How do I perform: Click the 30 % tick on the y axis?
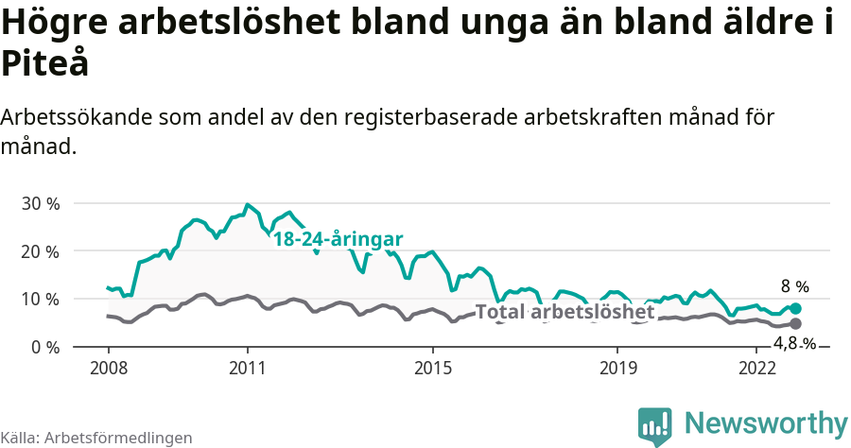(40, 203)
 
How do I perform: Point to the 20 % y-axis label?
(40, 251)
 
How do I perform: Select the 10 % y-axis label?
(40, 299)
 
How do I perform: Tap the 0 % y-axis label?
(44, 347)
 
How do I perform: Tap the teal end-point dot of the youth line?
(795, 308)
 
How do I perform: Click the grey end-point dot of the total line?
(795, 324)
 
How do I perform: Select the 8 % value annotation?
(794, 286)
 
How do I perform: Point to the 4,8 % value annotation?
(794, 344)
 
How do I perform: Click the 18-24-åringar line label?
(338, 239)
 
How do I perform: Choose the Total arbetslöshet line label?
(564, 312)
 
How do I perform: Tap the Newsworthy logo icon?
(654, 425)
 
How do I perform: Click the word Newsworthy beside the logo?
(766, 422)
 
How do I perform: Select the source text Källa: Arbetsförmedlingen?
(96, 438)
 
